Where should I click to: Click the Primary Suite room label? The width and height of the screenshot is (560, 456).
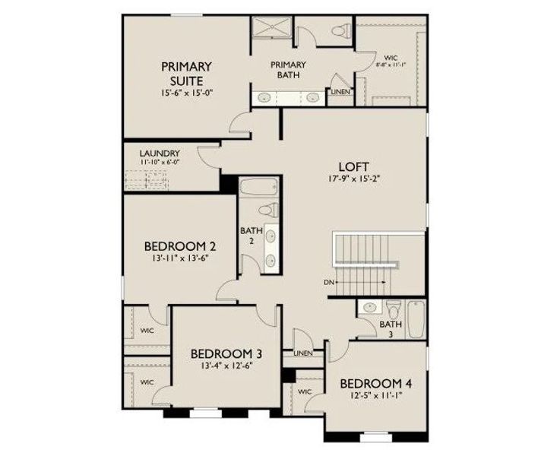(x=186, y=73)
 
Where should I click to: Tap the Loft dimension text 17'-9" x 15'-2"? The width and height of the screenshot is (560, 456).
(x=353, y=180)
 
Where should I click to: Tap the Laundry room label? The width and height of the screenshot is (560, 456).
(x=159, y=152)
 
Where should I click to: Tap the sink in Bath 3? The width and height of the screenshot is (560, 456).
(x=370, y=309)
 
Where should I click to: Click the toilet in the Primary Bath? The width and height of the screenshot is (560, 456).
(x=339, y=33)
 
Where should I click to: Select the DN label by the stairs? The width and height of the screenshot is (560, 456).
(x=329, y=283)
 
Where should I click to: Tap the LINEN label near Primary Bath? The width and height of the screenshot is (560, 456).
(x=340, y=92)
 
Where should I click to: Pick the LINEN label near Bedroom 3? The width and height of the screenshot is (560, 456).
(x=302, y=353)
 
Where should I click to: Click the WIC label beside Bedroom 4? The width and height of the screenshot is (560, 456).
(x=305, y=391)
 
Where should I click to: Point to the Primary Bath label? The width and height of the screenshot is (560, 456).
(x=289, y=70)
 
